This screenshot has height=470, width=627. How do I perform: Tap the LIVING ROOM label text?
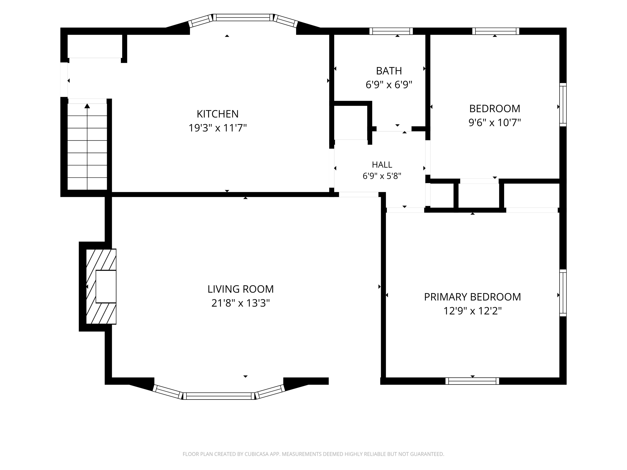coord(240,289)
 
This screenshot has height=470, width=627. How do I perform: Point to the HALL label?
coord(382,165)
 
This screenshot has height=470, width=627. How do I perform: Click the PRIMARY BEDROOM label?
coord(472,297)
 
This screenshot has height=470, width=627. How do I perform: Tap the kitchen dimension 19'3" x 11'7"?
coord(218,128)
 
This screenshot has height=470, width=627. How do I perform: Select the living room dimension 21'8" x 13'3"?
coord(240,303)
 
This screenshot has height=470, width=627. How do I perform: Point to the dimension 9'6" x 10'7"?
coord(495,123)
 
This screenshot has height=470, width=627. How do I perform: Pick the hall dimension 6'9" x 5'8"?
coord(382,176)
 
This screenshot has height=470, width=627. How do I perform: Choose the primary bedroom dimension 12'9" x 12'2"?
coord(472,311)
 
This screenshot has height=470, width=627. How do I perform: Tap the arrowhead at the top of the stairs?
coord(87,106)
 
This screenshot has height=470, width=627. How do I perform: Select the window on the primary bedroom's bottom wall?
coord(472,381)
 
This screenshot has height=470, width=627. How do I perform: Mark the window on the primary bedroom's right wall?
coord(563,293)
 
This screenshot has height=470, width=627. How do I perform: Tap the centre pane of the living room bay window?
coord(219,396)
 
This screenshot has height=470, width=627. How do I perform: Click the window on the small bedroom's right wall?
coord(563,105)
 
